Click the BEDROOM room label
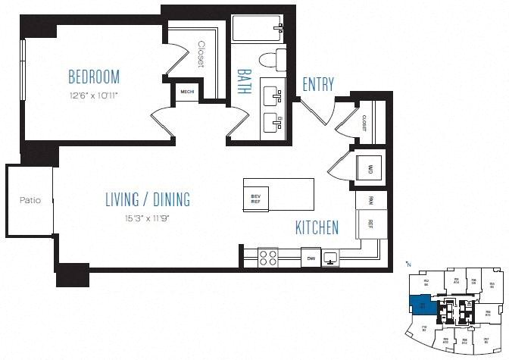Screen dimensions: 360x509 click(94, 77)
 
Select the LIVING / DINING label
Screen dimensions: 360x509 click(147, 200)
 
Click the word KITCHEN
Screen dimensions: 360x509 click(317, 227)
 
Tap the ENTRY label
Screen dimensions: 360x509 click(317, 84)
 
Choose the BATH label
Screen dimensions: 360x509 click(245, 80)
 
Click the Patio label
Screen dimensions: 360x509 click(30, 201)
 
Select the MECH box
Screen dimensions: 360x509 click(186, 92)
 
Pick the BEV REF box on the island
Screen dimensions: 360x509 click(256, 199)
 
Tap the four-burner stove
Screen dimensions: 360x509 click(269, 258)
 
